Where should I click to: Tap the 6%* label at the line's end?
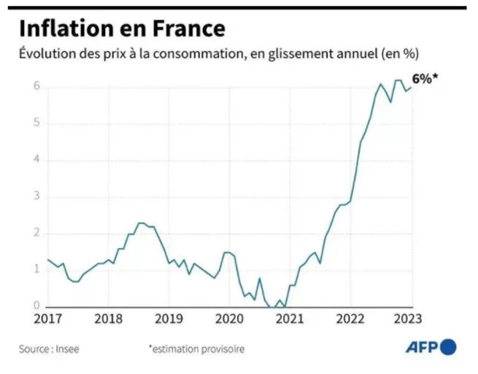[x=425, y=79]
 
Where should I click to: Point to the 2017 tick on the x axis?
[x=48, y=319]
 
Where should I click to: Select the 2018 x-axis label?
[x=108, y=319]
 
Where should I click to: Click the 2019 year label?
[x=169, y=319]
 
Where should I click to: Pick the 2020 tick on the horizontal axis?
[x=229, y=319]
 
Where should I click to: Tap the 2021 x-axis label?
[x=290, y=319]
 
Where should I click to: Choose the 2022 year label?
[x=350, y=319]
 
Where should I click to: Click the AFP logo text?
[x=421, y=348]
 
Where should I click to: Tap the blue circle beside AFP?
[x=448, y=347]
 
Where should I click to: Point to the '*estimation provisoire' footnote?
[x=196, y=349]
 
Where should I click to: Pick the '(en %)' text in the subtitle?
[x=403, y=54]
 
